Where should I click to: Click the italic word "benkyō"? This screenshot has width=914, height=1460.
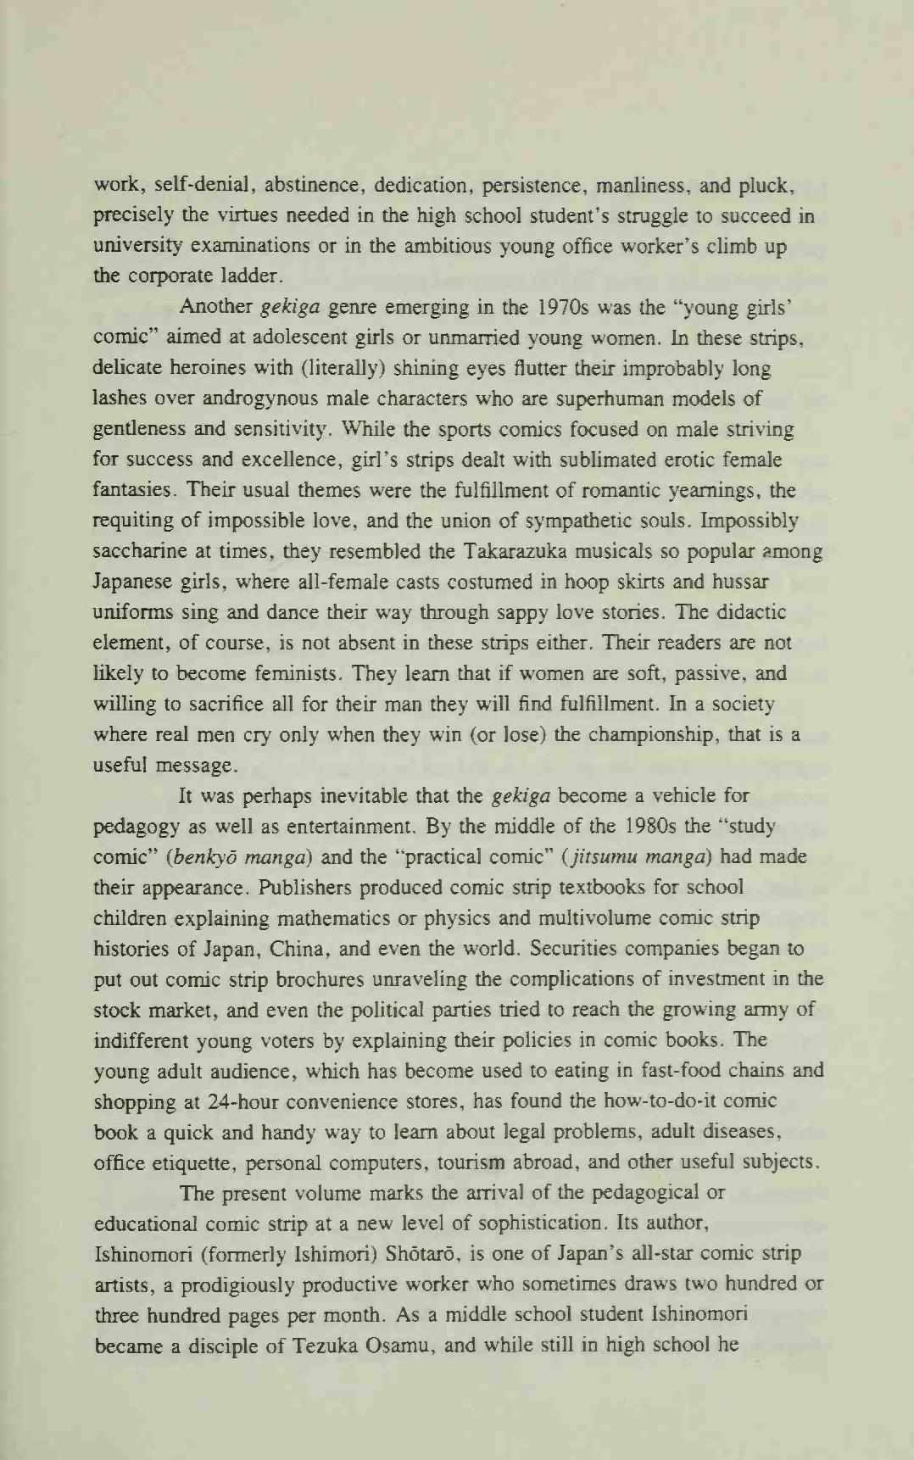(204, 857)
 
